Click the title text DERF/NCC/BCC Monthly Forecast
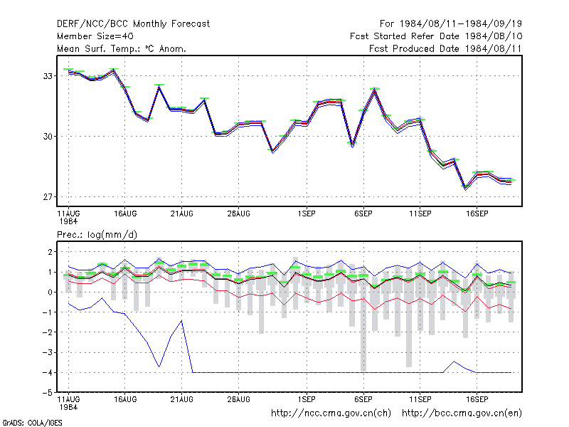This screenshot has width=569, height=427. (x=133, y=24)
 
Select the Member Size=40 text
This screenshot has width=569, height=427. (x=95, y=36)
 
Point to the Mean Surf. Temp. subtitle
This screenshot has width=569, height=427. (x=122, y=48)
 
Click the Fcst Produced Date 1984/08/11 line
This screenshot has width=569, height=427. (x=445, y=48)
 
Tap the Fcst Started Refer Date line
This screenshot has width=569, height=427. (x=436, y=36)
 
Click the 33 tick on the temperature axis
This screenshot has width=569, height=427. (x=48, y=76)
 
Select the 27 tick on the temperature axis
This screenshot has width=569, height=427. (x=48, y=197)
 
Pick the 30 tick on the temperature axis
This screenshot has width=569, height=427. (x=48, y=137)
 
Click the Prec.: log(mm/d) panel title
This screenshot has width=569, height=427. (x=97, y=235)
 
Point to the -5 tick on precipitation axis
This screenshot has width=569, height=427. (x=48, y=393)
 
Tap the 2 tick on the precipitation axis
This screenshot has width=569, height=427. (x=50, y=252)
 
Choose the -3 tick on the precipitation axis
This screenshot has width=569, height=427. (x=48, y=352)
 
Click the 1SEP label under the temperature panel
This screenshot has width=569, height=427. (x=307, y=214)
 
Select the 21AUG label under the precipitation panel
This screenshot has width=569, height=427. (x=182, y=399)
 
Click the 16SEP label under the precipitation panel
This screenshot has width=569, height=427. (x=477, y=399)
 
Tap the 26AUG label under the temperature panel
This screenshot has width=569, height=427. (x=239, y=214)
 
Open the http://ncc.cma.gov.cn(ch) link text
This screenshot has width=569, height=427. (x=331, y=413)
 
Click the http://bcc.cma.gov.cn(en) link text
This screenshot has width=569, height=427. (x=462, y=413)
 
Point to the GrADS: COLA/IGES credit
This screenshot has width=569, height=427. (x=32, y=423)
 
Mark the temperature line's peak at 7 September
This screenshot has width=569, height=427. (x=375, y=90)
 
